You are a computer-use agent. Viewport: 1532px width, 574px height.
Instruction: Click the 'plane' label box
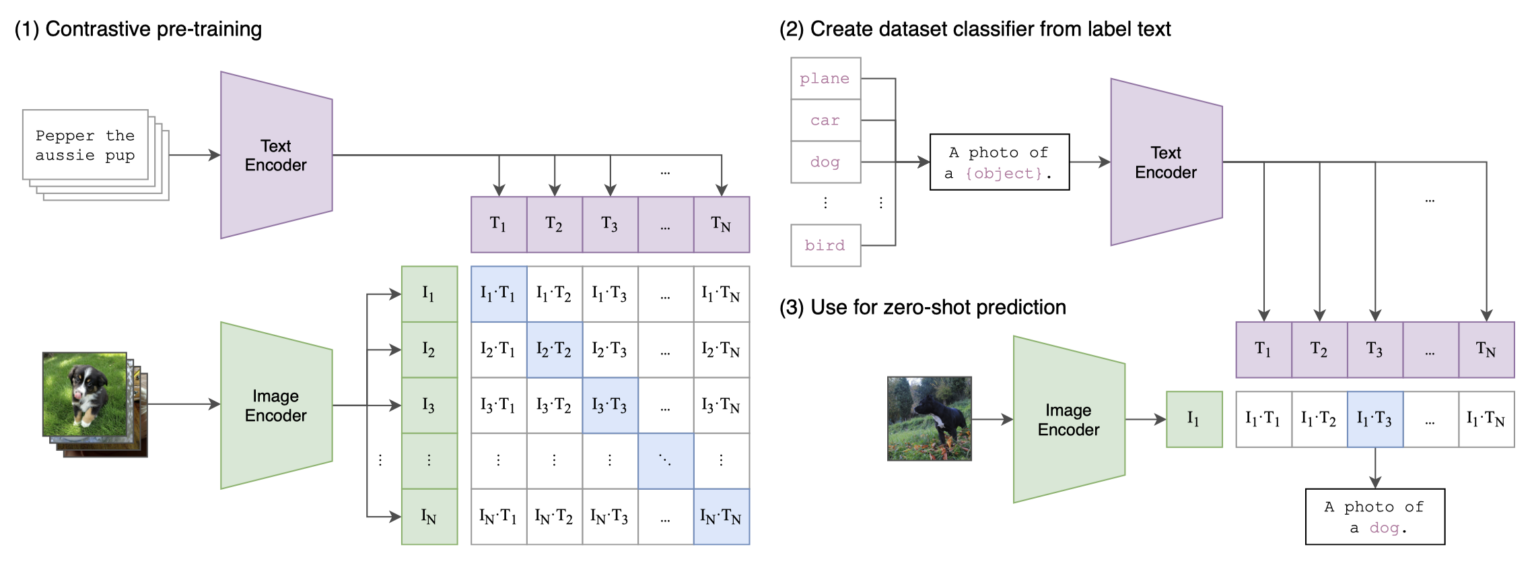[825, 79]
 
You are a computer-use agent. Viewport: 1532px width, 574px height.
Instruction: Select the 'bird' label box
[825, 245]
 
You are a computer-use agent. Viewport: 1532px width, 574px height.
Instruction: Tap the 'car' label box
[825, 121]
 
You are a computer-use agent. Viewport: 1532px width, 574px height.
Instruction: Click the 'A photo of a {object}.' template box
[999, 162]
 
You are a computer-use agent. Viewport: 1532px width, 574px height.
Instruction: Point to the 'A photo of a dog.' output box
[1374, 517]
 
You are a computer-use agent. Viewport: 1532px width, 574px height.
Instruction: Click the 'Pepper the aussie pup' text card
[85, 145]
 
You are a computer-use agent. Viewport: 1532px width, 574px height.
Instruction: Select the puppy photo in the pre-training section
[85, 394]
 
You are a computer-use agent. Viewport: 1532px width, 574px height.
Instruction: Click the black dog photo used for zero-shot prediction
[929, 418]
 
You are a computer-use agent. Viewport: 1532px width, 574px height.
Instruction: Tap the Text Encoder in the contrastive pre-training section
[276, 156]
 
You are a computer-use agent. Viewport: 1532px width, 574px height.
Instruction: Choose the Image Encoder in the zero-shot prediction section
[1068, 420]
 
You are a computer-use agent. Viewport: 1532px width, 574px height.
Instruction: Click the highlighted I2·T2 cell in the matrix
[554, 350]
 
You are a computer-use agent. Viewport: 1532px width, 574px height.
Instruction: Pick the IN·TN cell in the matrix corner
[721, 517]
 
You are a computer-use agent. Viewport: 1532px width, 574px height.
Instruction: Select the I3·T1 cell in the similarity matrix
[498, 406]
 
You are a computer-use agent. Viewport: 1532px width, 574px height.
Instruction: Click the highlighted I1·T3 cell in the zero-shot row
[1374, 419]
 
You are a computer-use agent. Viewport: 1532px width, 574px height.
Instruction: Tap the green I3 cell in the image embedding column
[429, 406]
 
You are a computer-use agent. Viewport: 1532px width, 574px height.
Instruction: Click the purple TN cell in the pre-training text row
[721, 224]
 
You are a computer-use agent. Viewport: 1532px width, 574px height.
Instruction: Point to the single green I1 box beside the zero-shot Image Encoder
[1193, 419]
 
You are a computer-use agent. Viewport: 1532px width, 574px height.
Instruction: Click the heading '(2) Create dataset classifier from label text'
[975, 29]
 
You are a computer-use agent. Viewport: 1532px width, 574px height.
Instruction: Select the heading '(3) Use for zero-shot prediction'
[922, 307]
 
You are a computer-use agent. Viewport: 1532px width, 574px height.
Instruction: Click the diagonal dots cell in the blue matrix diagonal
[665, 461]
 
